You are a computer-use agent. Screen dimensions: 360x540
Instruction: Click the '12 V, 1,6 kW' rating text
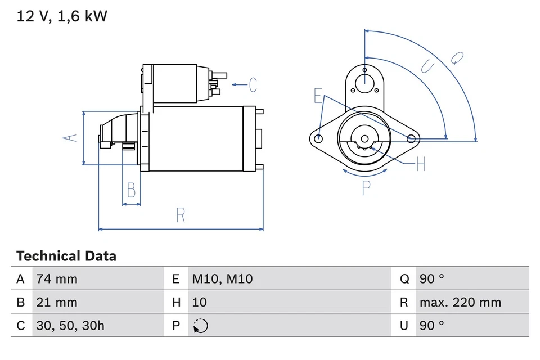pos(62,16)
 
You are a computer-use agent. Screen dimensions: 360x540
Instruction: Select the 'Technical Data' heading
pos(66,256)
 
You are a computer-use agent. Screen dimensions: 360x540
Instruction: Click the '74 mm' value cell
pos(56,278)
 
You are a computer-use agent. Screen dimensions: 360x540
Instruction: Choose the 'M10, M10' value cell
pos(222,278)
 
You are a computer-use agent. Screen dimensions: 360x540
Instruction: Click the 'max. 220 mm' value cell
pos(460,302)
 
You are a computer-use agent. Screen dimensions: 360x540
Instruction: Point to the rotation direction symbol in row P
pos(200,326)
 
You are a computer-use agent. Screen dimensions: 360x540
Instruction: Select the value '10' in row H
pos(200,302)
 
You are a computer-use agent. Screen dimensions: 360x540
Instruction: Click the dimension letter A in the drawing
pos(70,138)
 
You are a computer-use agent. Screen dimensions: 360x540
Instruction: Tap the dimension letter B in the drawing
pos(131,191)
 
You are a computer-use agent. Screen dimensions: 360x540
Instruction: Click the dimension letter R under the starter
pos(180,215)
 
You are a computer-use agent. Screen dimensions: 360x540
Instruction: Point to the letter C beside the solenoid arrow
pos(253,85)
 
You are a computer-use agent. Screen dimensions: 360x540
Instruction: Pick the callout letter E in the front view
pos(318,97)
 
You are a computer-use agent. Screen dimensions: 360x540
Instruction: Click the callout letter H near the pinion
pos(420,165)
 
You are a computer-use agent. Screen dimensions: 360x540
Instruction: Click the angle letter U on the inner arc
pos(428,67)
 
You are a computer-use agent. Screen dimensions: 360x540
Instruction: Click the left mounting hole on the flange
pos(319,138)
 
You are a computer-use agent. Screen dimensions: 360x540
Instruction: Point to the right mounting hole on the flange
pos(411,138)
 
